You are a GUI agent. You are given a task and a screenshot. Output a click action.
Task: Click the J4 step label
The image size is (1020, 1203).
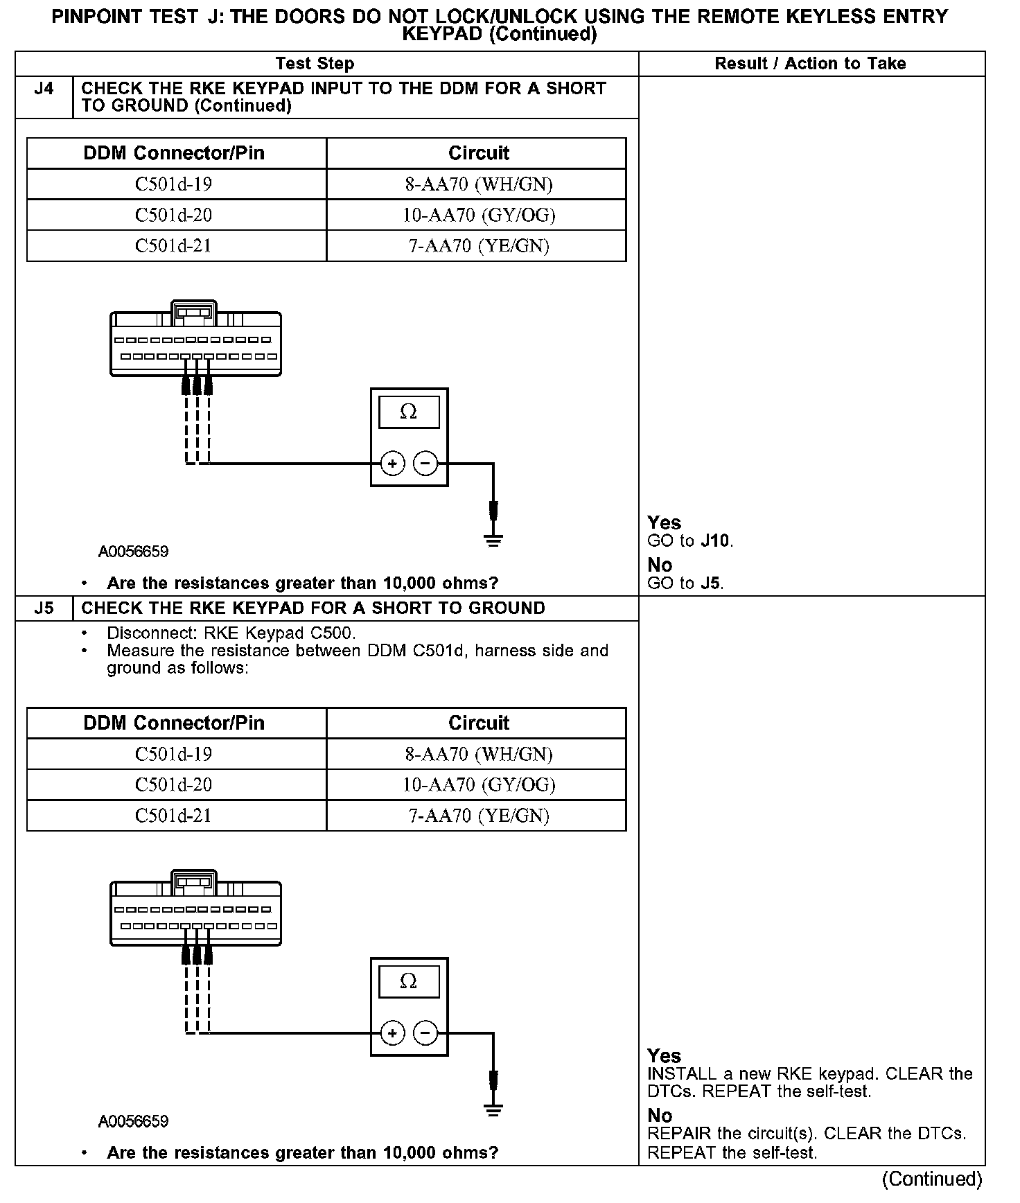pyautogui.click(x=44, y=89)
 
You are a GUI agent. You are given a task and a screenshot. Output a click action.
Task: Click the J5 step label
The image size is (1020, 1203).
pyautogui.click(x=44, y=608)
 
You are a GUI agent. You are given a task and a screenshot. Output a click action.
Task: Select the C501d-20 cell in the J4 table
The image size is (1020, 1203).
pyautogui.click(x=173, y=216)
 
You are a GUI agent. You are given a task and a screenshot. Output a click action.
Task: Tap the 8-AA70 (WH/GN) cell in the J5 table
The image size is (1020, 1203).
pyautogui.click(x=479, y=754)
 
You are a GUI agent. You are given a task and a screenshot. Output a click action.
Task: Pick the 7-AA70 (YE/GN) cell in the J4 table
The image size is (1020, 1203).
pyautogui.click(x=479, y=246)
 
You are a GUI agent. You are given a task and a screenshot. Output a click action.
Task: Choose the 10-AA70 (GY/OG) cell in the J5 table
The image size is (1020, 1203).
pyautogui.click(x=479, y=784)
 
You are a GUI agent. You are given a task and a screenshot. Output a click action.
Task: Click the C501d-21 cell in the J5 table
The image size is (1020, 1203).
pyautogui.click(x=173, y=816)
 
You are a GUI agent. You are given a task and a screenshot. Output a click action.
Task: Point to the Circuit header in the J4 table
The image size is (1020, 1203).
pyautogui.click(x=478, y=153)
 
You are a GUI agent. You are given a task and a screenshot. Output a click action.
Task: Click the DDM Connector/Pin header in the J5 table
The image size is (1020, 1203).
pyautogui.click(x=174, y=723)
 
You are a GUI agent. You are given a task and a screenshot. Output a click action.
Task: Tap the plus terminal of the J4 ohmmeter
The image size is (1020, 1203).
pyautogui.click(x=393, y=463)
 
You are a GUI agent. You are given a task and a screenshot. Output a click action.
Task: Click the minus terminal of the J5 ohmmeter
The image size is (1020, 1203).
pyautogui.click(x=425, y=1033)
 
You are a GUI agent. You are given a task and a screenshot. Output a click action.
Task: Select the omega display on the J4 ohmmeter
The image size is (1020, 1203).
pyautogui.click(x=409, y=412)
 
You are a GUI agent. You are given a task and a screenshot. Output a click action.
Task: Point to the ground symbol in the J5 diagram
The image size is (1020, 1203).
pyautogui.click(x=493, y=1111)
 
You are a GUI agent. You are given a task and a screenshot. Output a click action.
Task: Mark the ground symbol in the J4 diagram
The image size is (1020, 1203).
pyautogui.click(x=493, y=541)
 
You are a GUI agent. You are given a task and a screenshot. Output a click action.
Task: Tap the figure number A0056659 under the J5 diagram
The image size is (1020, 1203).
pyautogui.click(x=133, y=1121)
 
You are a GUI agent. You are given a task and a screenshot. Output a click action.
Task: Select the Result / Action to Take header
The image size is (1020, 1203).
pyautogui.click(x=810, y=64)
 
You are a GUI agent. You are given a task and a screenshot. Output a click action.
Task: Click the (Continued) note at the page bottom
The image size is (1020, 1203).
pyautogui.click(x=932, y=1179)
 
